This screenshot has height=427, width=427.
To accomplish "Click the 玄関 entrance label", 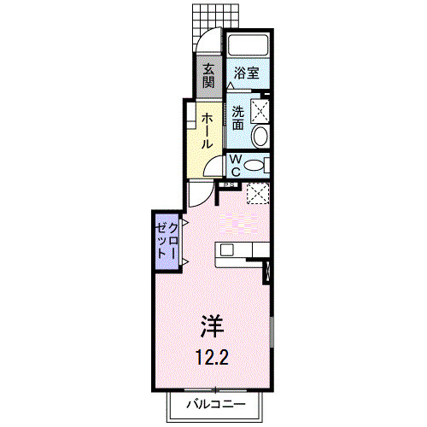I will tap(208, 77).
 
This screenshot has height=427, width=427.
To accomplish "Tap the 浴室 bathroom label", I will tap(248, 74).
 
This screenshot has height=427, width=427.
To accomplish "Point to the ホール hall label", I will tap(208, 132).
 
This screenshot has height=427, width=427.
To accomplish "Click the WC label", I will tap(235, 164).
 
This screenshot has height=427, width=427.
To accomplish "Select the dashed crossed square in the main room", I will tap(258, 194).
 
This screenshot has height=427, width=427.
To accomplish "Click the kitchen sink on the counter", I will tap(227, 249).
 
